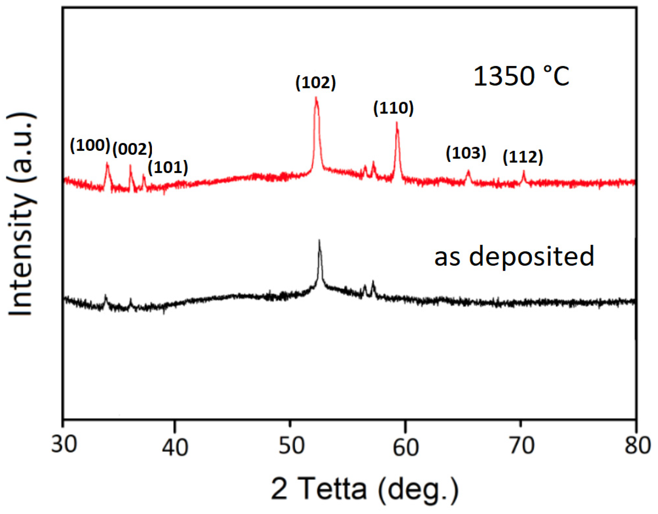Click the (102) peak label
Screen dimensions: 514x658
point(315,82)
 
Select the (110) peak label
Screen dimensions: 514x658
point(393,108)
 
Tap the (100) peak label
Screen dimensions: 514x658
point(90,146)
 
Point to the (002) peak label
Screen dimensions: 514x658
point(132,149)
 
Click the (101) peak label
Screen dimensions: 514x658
point(168,167)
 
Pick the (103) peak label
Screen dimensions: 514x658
point(466,153)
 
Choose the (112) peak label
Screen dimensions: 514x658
point(522,157)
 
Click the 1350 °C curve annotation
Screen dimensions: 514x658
point(521,76)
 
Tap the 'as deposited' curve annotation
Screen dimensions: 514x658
point(514,256)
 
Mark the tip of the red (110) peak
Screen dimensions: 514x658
point(397,122)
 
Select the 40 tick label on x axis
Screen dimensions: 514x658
point(175,447)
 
